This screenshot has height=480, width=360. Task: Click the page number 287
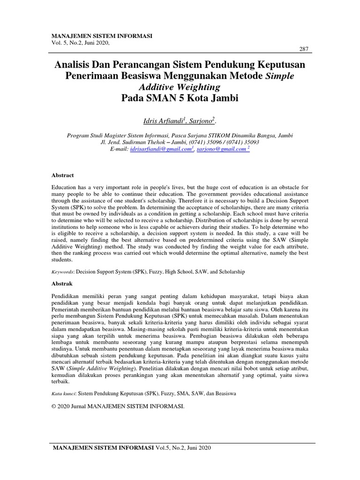(x=303, y=50)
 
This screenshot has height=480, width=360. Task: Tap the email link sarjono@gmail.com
(x=222, y=149)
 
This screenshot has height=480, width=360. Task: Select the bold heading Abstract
(x=62, y=175)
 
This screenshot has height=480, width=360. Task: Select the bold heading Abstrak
(x=61, y=284)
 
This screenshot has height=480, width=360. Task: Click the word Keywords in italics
(x=62, y=272)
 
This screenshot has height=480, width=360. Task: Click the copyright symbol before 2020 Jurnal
(x=53, y=406)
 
